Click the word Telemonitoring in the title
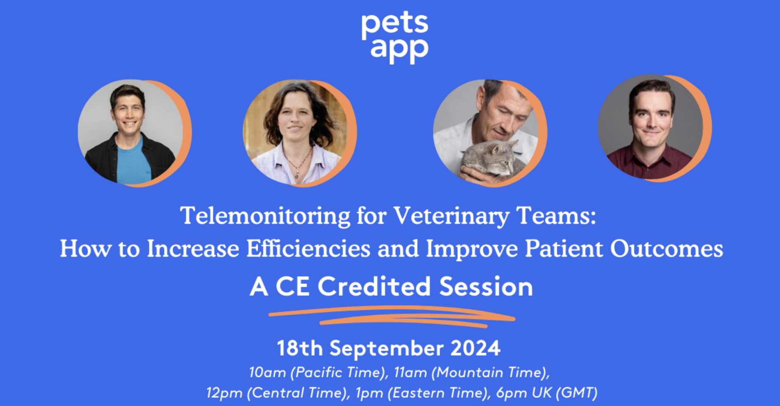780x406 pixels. coord(265,216)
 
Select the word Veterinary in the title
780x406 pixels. coord(451,216)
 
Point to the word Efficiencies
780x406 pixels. coord(308,248)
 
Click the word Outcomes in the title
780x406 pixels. coord(666,249)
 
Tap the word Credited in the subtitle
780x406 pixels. coord(374,286)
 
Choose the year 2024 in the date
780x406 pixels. coord(475,348)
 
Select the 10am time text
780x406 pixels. coord(267,373)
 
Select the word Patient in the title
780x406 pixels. coord(564,248)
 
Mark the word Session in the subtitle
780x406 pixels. coord(486,286)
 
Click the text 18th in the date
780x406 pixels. coord(300,348)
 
